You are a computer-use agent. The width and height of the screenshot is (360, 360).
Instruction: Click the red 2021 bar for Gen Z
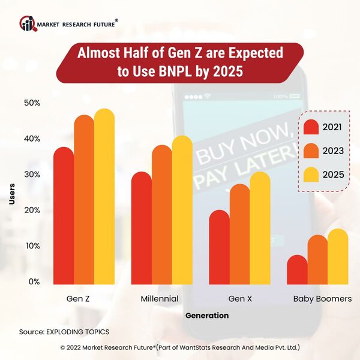pos(64,216)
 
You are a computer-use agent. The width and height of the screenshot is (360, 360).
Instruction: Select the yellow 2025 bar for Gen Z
pos(104,198)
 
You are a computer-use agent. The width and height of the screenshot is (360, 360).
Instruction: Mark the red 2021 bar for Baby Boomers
pos(298,270)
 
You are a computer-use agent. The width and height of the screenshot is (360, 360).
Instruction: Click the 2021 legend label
pos(332,127)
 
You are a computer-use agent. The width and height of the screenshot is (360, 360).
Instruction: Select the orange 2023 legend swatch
pos(310,151)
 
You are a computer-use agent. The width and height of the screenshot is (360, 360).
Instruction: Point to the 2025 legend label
pos(332,174)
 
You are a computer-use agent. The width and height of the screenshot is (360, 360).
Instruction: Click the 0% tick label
pos(34,281)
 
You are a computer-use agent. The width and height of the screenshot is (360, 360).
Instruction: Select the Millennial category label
pos(160,298)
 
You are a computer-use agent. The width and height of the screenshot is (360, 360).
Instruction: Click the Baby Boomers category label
pos(322,298)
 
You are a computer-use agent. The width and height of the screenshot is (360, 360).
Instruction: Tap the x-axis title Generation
pos(206,315)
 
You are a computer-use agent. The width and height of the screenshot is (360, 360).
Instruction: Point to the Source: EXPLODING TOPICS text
pos(64,331)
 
